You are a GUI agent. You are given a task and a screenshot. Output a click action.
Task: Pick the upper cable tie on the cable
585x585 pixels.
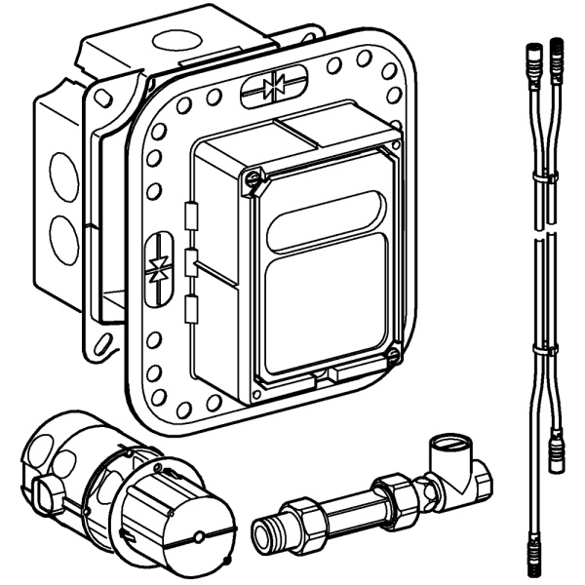point(544,178)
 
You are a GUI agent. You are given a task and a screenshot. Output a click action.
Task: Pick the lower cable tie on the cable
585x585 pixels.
point(544,347)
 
